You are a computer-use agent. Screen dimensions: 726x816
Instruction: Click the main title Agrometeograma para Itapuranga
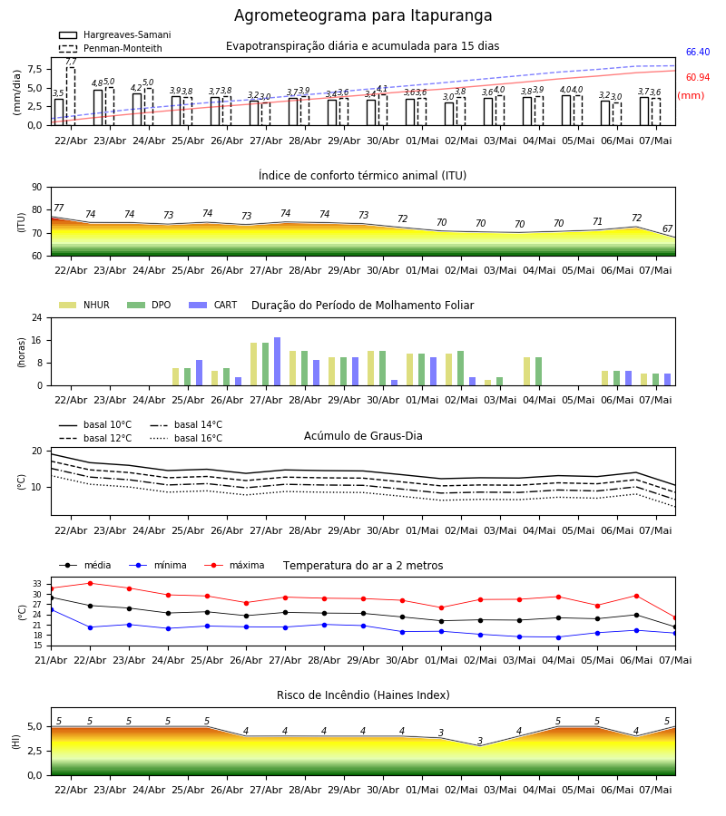pyautogui.click(x=363, y=15)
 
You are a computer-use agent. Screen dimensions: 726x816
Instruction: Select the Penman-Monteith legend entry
pyautogui.click(x=111, y=48)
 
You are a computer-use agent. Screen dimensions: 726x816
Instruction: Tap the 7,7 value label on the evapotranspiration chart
pyautogui.click(x=71, y=62)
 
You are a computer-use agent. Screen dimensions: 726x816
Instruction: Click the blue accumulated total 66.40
pyautogui.click(x=698, y=52)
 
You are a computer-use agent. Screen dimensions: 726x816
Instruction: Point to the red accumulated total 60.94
pyautogui.click(x=698, y=78)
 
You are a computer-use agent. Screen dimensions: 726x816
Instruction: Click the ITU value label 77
pyautogui.click(x=58, y=209)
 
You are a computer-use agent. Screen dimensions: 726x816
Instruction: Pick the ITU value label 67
pyautogui.click(x=668, y=229)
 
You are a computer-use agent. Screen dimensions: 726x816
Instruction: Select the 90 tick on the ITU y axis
pyautogui.click(x=37, y=188)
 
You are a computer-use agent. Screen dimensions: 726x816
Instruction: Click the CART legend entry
pyautogui.click(x=213, y=305)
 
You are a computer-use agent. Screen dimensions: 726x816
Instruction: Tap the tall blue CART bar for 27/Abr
pyautogui.click(x=277, y=362)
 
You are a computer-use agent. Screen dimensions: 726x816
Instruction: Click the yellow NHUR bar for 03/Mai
pyautogui.click(x=488, y=383)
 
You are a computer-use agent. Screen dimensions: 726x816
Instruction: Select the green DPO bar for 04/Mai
pyautogui.click(x=538, y=372)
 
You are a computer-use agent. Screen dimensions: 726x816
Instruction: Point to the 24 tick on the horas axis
pyautogui.click(x=37, y=317)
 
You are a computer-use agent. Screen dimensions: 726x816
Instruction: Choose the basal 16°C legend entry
pyautogui.click(x=186, y=438)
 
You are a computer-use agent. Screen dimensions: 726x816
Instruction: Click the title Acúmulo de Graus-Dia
pyautogui.click(x=363, y=436)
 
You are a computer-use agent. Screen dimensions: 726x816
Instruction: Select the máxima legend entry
pyautogui.click(x=235, y=565)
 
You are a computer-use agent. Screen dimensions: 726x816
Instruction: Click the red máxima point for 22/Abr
pyautogui.click(x=90, y=583)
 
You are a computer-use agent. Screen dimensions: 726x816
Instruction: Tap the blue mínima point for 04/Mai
pyautogui.click(x=559, y=637)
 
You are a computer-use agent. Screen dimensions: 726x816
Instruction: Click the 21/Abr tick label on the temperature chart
pyautogui.click(x=51, y=660)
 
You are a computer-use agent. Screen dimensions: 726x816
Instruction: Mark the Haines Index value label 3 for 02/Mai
pyautogui.click(x=480, y=741)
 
